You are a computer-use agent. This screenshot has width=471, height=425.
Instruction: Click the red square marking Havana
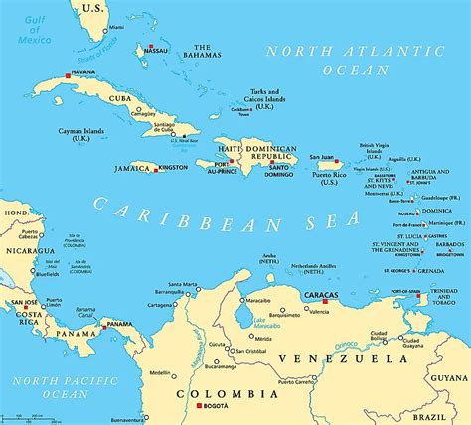coord(68,74)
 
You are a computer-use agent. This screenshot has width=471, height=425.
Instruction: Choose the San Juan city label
coord(321,156)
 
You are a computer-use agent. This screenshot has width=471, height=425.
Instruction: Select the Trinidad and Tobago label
coord(445,300)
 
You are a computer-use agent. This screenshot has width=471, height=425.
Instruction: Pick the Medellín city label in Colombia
coord(159,373)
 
